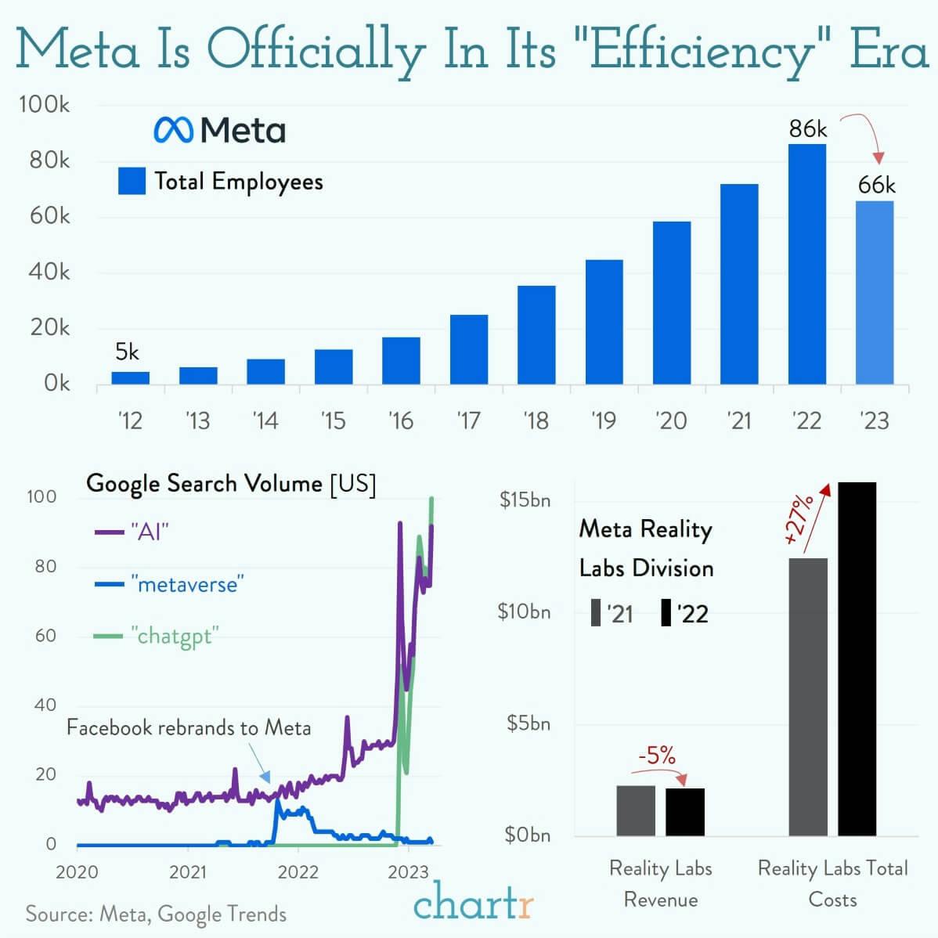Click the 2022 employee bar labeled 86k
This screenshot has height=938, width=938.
tap(806, 264)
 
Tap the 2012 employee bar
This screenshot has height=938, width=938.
tap(130, 377)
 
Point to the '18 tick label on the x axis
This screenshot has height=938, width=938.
tap(536, 421)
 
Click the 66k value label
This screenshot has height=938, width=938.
tap(876, 185)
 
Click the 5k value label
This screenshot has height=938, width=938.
tap(127, 352)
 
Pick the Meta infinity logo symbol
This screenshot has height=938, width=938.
tap(173, 130)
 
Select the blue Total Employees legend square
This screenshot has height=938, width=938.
tap(132, 181)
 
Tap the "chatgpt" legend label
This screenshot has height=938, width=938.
tap(174, 636)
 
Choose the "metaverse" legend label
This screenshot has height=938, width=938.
tap(187, 584)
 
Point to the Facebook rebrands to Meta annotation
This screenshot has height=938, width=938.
tap(189, 727)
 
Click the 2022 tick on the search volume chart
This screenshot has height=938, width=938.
tap(298, 871)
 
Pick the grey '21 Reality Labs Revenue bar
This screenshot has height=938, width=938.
tap(635, 810)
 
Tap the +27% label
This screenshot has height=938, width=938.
tap(799, 518)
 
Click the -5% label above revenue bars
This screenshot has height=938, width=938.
tap(656, 755)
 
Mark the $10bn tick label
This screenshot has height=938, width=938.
tap(524, 611)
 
